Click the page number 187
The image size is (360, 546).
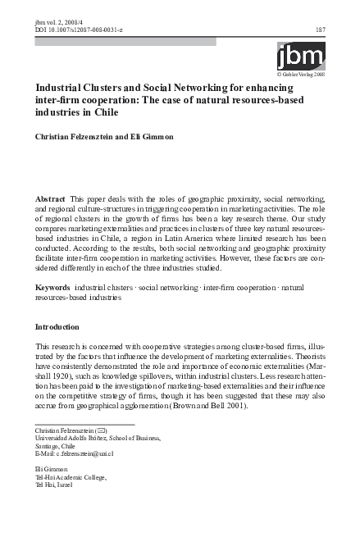[x=321, y=30]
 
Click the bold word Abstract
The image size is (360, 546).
[x=50, y=200]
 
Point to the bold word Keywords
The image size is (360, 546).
[x=52, y=289]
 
